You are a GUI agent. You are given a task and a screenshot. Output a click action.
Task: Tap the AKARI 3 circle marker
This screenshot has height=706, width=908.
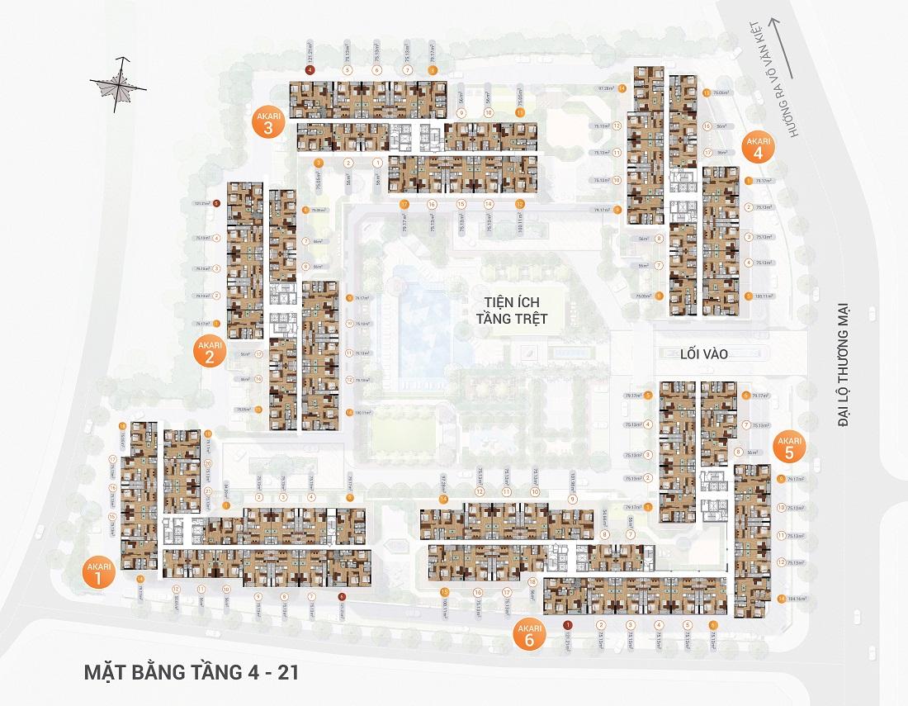coord(268,128)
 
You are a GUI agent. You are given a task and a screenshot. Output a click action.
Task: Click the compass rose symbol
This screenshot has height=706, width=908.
coord(121,83)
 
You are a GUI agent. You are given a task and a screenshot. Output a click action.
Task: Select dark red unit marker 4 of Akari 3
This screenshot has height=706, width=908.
coord(310,71)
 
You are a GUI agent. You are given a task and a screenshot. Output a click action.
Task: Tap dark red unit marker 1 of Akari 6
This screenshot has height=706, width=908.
coord(567,625)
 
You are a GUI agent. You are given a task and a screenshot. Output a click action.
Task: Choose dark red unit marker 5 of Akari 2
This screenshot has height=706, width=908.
coord(216,202)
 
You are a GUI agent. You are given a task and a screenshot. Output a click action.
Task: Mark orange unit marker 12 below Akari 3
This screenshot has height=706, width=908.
coord(519,203)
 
